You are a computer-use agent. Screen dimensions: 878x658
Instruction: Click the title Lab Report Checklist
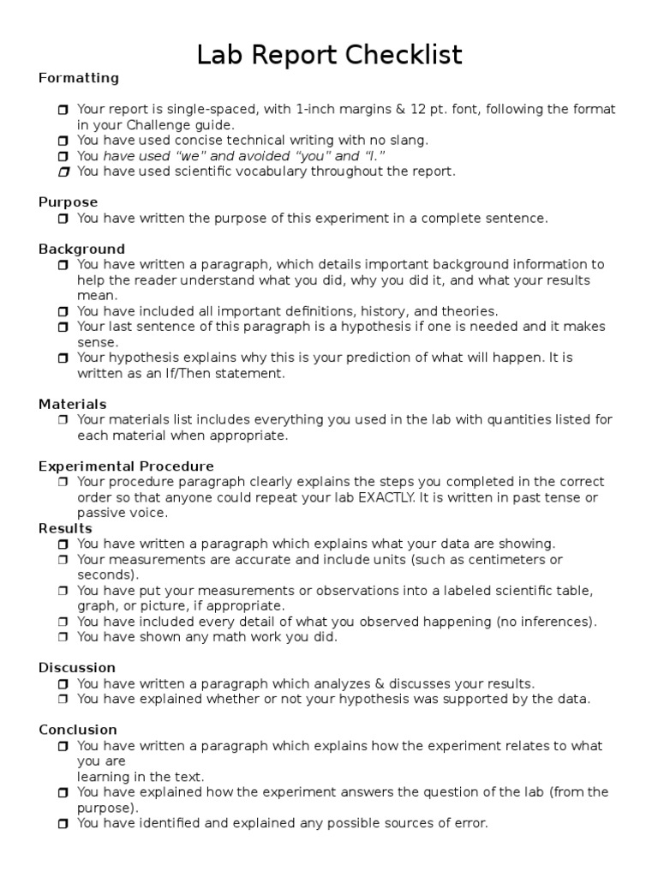click(329, 55)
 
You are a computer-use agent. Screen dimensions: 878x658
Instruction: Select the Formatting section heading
click(79, 78)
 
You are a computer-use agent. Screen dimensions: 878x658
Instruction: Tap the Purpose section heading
click(68, 202)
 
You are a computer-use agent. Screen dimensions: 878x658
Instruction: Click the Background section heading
click(81, 249)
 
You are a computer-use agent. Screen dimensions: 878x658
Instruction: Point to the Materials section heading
click(73, 404)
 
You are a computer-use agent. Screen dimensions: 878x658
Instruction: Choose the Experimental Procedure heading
click(126, 466)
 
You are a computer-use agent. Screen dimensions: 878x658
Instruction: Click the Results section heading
click(65, 528)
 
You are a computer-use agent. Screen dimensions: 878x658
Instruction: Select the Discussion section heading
click(77, 668)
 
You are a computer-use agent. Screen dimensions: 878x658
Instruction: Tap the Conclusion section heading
click(78, 730)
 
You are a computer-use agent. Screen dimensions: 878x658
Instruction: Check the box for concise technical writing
click(63, 141)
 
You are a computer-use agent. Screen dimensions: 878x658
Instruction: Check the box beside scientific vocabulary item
click(63, 171)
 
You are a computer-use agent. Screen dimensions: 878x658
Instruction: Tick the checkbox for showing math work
click(63, 637)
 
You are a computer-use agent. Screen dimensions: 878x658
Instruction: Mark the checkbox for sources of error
click(63, 823)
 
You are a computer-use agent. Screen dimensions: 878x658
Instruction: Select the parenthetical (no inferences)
click(553, 622)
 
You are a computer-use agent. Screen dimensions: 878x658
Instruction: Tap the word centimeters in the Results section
click(506, 559)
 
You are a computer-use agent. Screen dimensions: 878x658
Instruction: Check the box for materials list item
click(63, 420)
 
